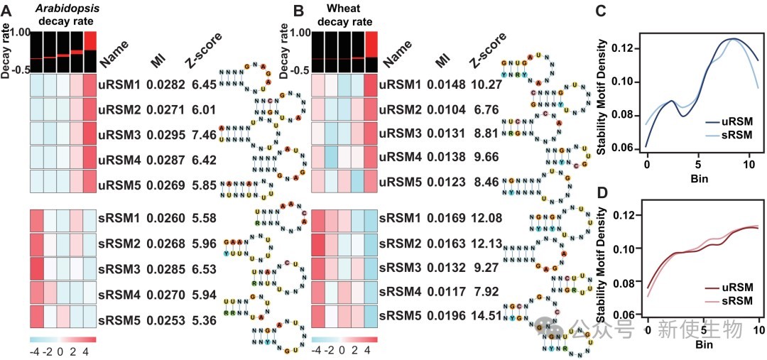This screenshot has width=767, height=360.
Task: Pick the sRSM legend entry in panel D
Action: pyautogui.click(x=734, y=302)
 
